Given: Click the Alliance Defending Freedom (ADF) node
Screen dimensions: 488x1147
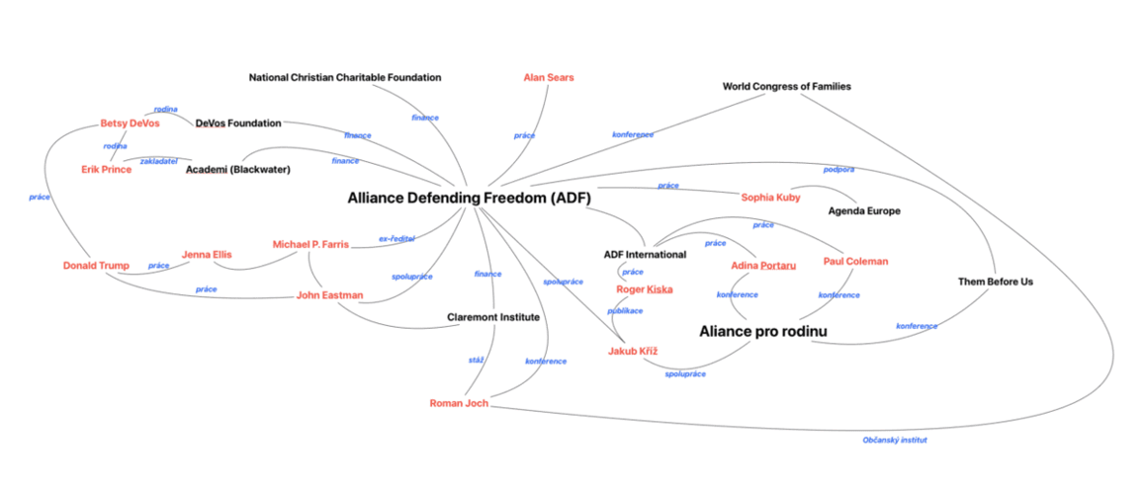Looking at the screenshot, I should [469, 198].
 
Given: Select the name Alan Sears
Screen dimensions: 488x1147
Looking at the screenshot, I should [549, 77].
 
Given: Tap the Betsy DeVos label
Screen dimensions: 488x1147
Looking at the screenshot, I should [130, 123].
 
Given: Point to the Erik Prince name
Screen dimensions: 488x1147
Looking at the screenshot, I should [106, 170].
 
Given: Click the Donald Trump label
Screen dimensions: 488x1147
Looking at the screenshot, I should [96, 266].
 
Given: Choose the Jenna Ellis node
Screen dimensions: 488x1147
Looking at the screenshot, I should [207, 255].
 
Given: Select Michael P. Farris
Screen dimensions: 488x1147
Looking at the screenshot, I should [310, 244].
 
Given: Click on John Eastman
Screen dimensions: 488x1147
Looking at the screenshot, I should [330, 295].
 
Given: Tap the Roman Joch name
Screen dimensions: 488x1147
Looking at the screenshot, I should [459, 403].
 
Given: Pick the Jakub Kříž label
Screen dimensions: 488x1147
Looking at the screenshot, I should [634, 352].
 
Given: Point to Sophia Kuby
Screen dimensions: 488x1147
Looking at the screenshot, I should [770, 198].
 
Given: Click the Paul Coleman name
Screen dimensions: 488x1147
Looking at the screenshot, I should [855, 262].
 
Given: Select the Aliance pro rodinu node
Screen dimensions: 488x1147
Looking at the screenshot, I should [762, 331].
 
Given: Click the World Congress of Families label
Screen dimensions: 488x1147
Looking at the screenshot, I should [786, 86].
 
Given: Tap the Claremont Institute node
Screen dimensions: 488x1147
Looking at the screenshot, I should [492, 317].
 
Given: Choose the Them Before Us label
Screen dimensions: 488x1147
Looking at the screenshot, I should [995, 282].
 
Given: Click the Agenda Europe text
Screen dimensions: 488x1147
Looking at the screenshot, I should [864, 211].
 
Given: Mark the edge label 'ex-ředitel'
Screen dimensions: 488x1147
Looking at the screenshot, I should [397, 238].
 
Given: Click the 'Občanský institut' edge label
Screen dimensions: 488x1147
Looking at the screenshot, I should [894, 440].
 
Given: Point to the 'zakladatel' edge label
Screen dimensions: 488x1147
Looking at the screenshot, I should [158, 160].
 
